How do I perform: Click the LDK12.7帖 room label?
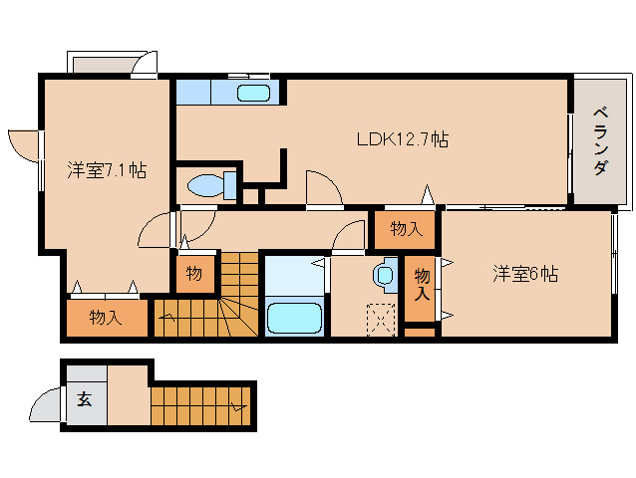(402, 139)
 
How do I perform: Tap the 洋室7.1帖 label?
(107, 170)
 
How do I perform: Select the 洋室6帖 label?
(523, 274)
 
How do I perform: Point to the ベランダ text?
(599, 140)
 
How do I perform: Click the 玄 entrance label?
(85, 400)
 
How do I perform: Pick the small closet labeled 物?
(195, 274)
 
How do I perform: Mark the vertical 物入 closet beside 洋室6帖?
(422, 284)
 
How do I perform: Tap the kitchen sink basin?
(253, 94)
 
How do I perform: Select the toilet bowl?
(207, 185)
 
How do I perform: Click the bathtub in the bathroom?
(295, 319)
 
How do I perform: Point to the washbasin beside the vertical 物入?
(385, 273)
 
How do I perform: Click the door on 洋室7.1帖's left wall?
(24, 145)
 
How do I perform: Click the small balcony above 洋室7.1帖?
(103, 64)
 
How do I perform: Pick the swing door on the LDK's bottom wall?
(324, 189)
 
